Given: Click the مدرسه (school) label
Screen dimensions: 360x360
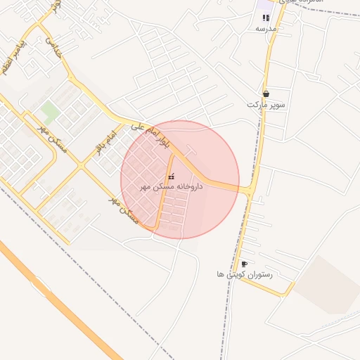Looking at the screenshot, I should [x=265, y=29].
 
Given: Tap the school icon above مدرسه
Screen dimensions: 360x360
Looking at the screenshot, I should [x=266, y=18].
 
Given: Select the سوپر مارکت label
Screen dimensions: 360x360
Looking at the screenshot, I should [x=266, y=104].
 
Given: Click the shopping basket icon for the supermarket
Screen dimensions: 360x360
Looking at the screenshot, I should [x=266, y=94].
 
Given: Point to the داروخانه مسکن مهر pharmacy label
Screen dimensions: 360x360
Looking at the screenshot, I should [x=172, y=186].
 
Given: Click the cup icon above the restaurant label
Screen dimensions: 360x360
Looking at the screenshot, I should [x=244, y=264].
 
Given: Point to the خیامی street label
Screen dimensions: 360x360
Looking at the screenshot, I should [x=54, y=46].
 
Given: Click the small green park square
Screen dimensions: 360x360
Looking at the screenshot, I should [x=49, y=110].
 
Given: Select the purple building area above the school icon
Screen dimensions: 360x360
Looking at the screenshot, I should [x=264, y=6].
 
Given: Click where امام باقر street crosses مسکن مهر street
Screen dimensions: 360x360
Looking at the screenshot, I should [x=82, y=166].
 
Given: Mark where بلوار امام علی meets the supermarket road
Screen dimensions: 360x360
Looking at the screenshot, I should [x=251, y=190].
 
